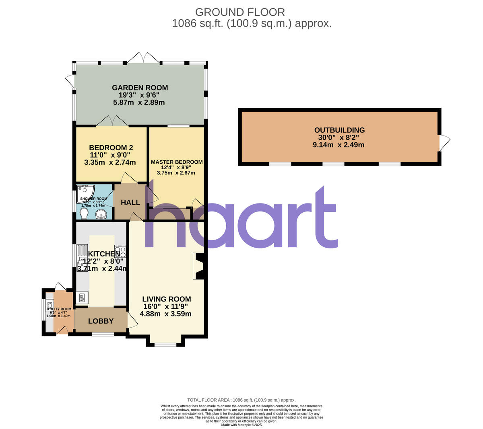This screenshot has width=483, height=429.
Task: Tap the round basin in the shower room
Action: (101, 215)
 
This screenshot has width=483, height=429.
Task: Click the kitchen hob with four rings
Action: (120, 251)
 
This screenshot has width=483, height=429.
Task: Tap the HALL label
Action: (130, 202)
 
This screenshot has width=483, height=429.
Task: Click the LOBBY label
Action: (101, 321)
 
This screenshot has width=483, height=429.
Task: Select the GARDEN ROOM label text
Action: (140, 88)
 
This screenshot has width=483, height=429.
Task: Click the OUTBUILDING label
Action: (339, 130)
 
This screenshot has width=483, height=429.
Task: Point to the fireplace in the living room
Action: (199, 266)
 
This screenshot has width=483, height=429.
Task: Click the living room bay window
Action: (165, 344)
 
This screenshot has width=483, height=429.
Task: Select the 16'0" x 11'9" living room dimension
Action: (166, 306)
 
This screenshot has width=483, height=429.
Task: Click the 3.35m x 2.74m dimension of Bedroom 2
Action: (110, 162)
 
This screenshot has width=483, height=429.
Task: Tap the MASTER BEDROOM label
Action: (177, 162)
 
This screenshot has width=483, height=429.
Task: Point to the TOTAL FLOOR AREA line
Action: (242, 400)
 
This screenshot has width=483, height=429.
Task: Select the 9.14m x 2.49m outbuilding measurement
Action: (339, 145)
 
